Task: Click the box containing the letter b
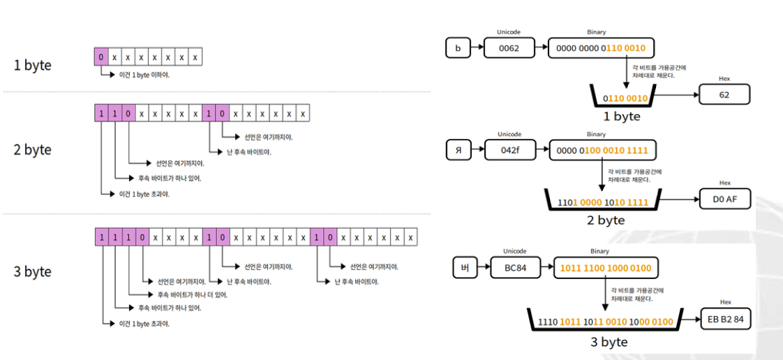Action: click(x=457, y=48)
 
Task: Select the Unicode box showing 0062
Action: click(x=509, y=48)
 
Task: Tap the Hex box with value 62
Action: click(x=724, y=94)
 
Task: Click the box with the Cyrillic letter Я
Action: click(x=458, y=149)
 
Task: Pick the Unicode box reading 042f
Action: click(x=509, y=149)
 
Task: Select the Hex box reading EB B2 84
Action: click(x=726, y=320)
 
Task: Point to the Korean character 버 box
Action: click(x=464, y=267)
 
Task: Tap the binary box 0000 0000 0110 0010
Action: click(x=602, y=48)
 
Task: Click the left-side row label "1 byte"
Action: click(x=32, y=66)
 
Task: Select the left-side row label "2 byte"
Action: click(x=32, y=150)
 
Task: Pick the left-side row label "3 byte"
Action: click(x=32, y=271)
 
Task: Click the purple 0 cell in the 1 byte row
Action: click(x=101, y=57)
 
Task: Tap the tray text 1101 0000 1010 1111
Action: click(x=602, y=202)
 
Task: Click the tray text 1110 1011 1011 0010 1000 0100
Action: click(x=605, y=322)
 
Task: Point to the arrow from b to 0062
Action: click(x=477, y=48)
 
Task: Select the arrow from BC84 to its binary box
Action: click(x=546, y=267)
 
